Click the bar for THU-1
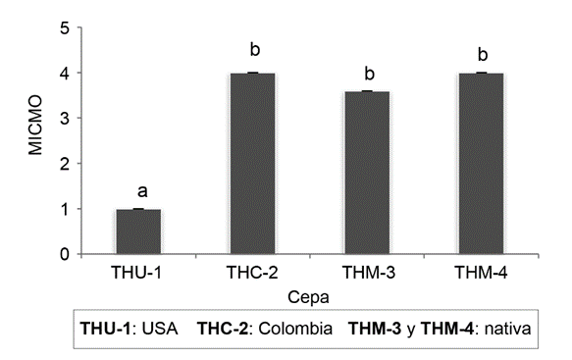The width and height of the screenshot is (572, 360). click(138, 231)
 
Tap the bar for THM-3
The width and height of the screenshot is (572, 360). click(369, 173)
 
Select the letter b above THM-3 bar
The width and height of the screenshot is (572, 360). click(369, 74)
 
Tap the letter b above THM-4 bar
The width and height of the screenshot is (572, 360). click(482, 54)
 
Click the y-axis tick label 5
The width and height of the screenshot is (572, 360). click(65, 27)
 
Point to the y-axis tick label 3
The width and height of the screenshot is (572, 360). click(65, 119)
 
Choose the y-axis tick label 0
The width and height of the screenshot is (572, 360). click(65, 255)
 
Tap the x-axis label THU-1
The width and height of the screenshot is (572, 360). click(138, 270)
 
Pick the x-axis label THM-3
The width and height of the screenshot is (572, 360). click(369, 270)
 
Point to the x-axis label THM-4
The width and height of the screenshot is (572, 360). click(482, 270)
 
